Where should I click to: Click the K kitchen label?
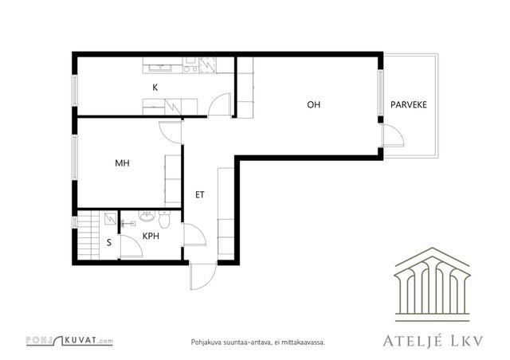coord(155,88)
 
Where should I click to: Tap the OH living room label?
coord(313,104)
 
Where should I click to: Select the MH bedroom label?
coord(122,163)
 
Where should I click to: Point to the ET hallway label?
coord(200,195)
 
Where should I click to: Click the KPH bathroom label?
coord(151,236)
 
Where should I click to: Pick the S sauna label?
coord(109,243)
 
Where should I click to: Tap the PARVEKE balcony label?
coord(409,104)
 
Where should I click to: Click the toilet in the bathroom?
coord(165,218)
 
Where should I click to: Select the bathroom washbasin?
coord(147,216)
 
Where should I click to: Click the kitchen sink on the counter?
coord(160,68)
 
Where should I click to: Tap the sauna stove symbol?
coord(110,219)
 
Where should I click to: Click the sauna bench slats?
coord(88,235)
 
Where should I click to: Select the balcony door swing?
coord(394,135)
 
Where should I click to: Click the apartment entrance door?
coord(203,276)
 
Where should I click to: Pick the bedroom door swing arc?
coord(170,132)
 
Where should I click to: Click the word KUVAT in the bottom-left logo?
coord(80,341)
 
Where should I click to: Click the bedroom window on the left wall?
coord(75,158)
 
